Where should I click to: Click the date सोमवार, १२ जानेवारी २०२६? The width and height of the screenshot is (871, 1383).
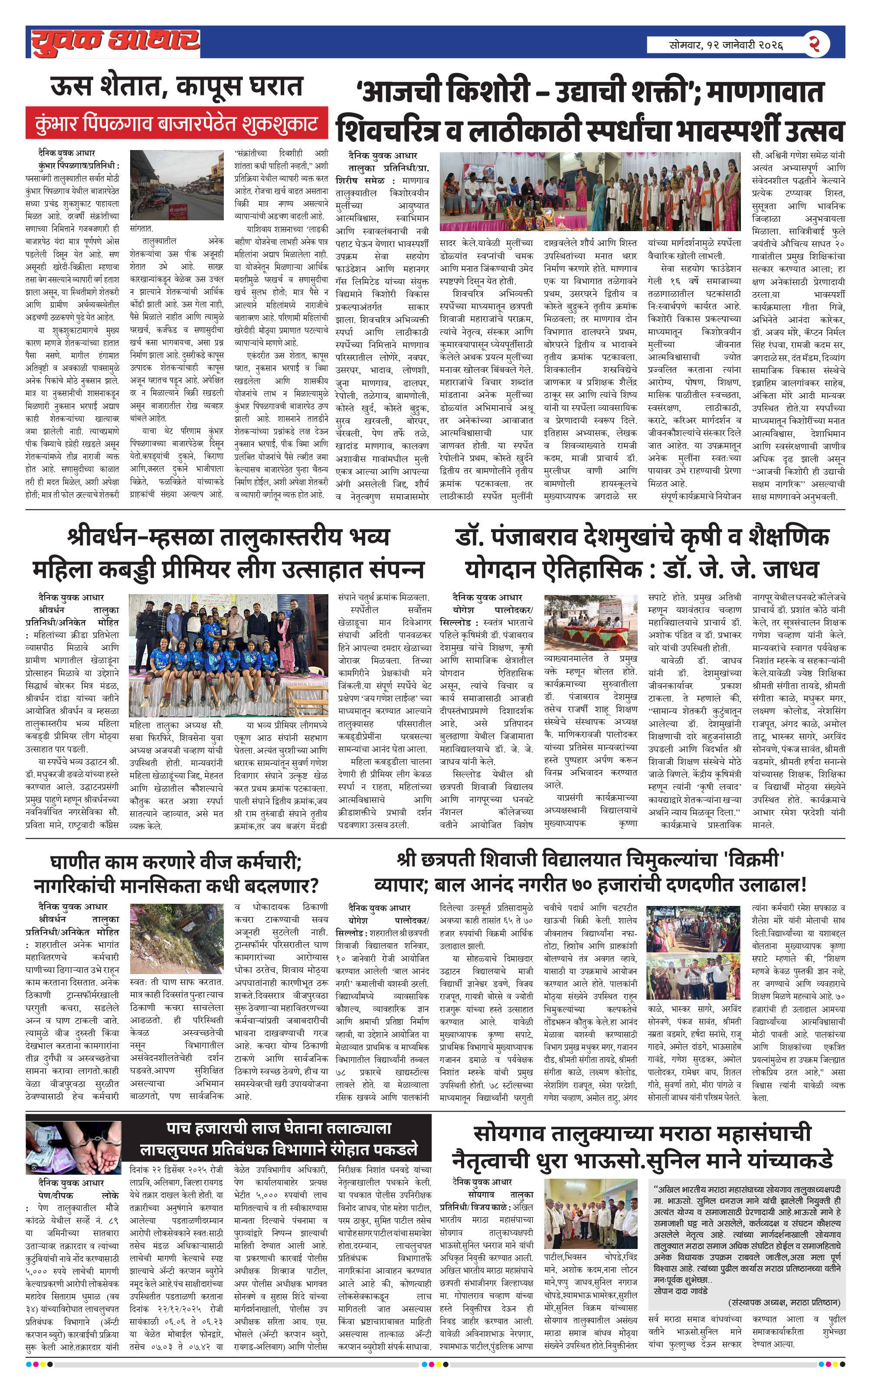[726, 45]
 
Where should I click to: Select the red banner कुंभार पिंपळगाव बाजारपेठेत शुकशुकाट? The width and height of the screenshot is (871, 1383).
[177, 122]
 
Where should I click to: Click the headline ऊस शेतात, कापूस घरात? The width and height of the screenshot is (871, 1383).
[177, 87]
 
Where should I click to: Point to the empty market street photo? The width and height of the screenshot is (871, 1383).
[177, 185]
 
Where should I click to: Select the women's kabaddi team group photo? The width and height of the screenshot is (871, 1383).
[228, 655]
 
